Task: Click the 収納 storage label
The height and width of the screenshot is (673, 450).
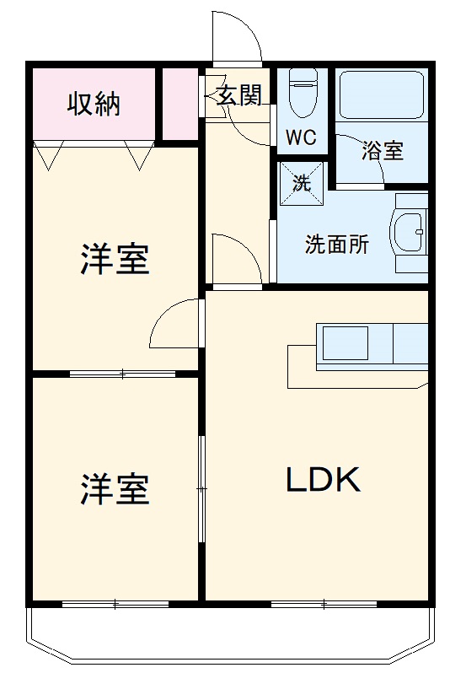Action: click(x=94, y=104)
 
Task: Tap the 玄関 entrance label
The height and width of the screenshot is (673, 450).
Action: click(x=239, y=95)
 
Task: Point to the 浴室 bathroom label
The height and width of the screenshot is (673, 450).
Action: click(x=383, y=151)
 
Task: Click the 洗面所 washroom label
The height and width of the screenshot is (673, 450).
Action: click(x=336, y=245)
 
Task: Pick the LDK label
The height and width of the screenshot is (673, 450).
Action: click(x=324, y=480)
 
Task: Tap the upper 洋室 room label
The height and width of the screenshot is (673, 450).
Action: click(x=115, y=259)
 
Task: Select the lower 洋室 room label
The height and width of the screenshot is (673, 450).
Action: click(x=115, y=489)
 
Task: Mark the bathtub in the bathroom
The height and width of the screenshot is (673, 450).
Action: click(x=380, y=96)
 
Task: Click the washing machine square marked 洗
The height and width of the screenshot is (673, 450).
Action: click(x=302, y=181)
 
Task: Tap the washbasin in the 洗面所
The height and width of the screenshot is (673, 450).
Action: click(x=410, y=233)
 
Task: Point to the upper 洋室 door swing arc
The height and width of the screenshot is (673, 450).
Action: click(x=175, y=324)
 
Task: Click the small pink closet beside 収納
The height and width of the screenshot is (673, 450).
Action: click(x=179, y=105)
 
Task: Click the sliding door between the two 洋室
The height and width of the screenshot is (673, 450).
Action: click(x=123, y=372)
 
